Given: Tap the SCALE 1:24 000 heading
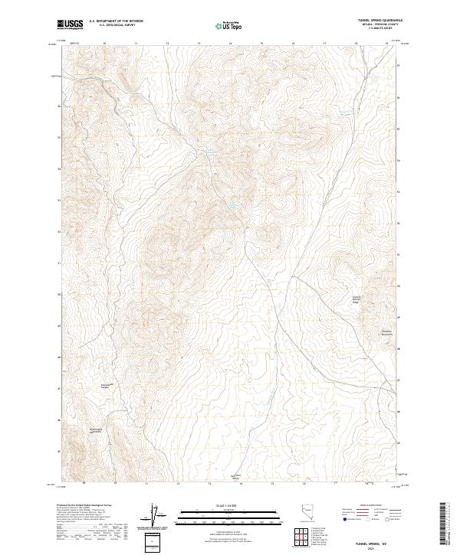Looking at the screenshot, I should [x=218, y=505].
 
